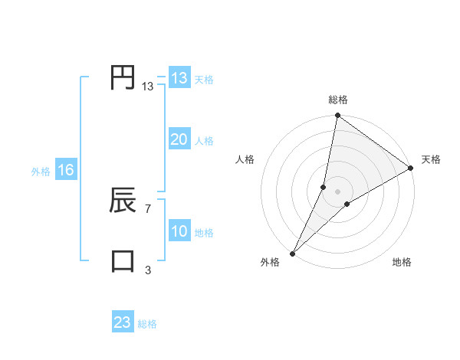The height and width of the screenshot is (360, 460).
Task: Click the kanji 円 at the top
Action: pyautogui.click(x=123, y=78)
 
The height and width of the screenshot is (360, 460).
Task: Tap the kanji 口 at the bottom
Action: pyautogui.click(x=123, y=260)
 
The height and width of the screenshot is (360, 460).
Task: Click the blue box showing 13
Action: pyautogui.click(x=179, y=79)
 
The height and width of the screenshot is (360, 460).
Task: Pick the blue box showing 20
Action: pyautogui.click(x=179, y=139)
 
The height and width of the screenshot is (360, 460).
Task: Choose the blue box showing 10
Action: pyautogui.click(x=179, y=231)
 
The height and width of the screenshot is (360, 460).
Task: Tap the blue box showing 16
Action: pyautogui.click(x=66, y=170)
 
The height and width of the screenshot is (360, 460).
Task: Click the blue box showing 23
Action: pyautogui.click(x=123, y=322)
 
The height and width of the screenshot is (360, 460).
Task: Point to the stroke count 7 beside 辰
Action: pyautogui.click(x=147, y=208)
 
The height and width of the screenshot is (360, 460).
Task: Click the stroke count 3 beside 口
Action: pyautogui.click(x=147, y=270)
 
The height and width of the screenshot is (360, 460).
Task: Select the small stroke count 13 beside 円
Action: pyautogui.click(x=147, y=87)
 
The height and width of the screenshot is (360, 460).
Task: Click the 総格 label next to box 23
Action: pyautogui.click(x=148, y=324)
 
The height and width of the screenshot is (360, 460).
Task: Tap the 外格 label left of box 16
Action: pyautogui.click(x=41, y=172)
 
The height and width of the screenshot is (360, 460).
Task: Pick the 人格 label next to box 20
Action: pyautogui.click(x=204, y=141)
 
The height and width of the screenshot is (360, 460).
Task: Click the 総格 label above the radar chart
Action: pyautogui.click(x=338, y=100)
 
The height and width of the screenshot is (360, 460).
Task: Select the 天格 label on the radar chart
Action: pyautogui.click(x=431, y=159)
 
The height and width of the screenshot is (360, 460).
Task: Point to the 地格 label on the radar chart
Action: pyautogui.click(x=402, y=263)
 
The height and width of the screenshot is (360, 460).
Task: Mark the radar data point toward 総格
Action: pyautogui.click(x=338, y=116)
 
